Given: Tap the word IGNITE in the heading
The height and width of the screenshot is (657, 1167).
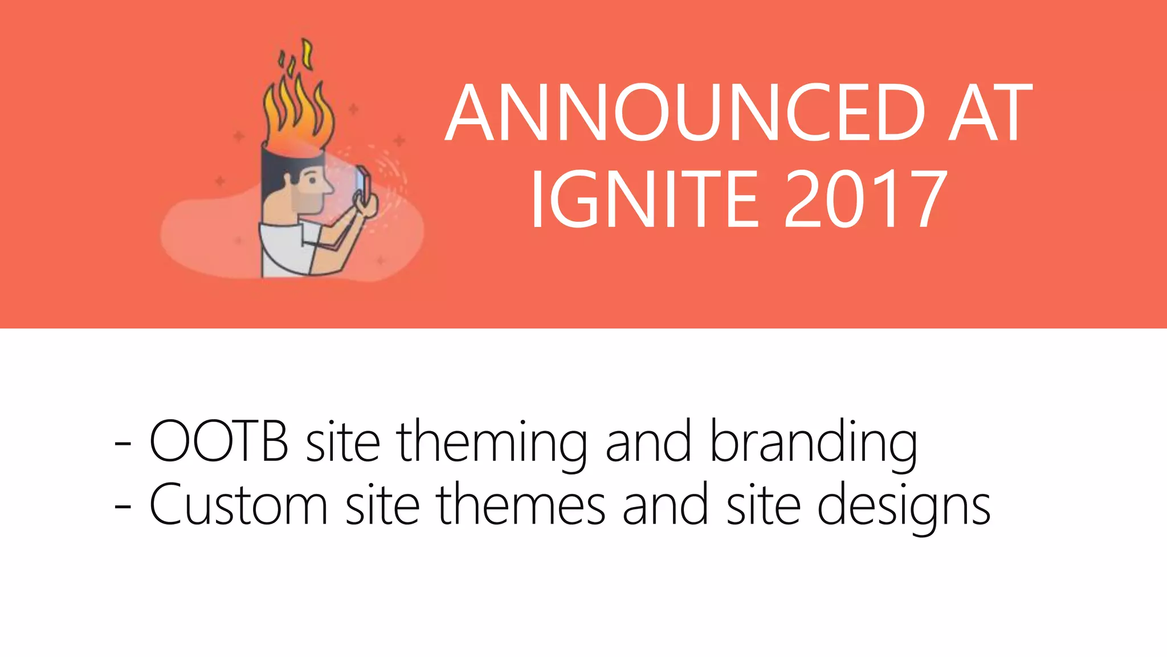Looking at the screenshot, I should click(x=644, y=199).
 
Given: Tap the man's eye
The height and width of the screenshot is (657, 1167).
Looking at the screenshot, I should click(x=312, y=180).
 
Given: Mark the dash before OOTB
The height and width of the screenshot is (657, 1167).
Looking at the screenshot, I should click(x=123, y=444).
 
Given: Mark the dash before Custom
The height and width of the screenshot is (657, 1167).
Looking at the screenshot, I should click(x=123, y=507).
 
